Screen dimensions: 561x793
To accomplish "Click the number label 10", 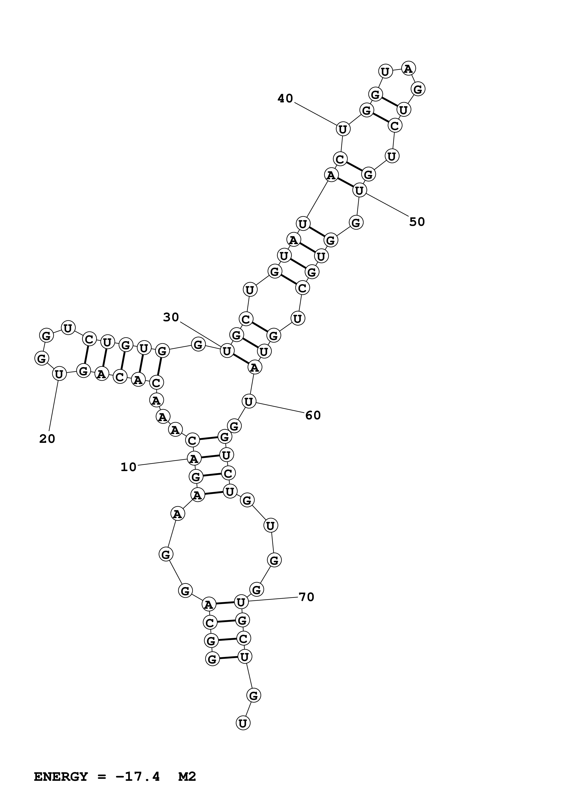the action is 129,467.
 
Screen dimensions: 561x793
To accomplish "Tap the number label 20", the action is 47,439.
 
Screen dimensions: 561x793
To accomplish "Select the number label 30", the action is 171,317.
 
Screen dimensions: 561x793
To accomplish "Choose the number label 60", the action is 313,415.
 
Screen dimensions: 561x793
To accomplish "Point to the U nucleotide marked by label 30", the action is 227,351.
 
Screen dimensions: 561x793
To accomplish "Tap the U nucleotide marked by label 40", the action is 343,130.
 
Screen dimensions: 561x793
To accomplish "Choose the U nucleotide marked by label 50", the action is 360,190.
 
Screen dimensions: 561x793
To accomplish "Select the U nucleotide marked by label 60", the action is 249,402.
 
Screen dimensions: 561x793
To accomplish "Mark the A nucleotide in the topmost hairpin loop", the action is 408,69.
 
